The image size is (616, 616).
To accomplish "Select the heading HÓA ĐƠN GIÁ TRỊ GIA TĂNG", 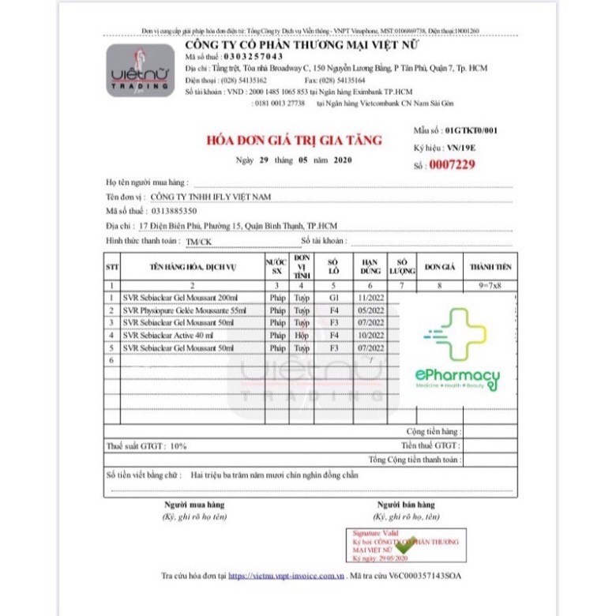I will pyautogui.click(x=294, y=141).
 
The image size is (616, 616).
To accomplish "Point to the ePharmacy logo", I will pyautogui.click(x=456, y=350).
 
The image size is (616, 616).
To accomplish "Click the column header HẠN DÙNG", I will pyautogui.click(x=370, y=267).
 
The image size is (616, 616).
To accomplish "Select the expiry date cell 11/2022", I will pyautogui.click(x=370, y=297).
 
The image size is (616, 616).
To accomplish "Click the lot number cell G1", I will pyautogui.click(x=334, y=297).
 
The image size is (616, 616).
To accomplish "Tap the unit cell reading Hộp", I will pyautogui.click(x=301, y=335).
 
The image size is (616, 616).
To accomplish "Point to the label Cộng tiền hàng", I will pyautogui.click(x=432, y=432).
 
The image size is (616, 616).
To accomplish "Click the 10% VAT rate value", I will pyautogui.click(x=178, y=446).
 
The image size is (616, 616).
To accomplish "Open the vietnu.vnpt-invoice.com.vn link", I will pyautogui.click(x=287, y=577).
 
